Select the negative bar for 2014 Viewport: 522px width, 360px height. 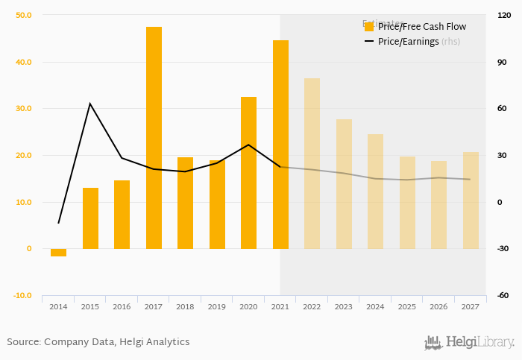(x=58, y=253)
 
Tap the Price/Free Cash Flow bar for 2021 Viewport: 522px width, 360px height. (x=280, y=145)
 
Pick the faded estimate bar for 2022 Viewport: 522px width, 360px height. (x=312, y=164)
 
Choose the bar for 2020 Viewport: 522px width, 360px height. (x=248, y=173)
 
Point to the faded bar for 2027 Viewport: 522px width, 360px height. (x=471, y=200)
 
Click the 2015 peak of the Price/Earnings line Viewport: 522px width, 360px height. (x=90, y=104)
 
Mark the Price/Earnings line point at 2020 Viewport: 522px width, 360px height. (x=248, y=145)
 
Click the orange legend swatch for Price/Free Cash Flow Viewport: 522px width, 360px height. (x=369, y=27)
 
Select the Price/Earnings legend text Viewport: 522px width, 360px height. (x=408, y=42)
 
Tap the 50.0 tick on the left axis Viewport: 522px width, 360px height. (x=23, y=15)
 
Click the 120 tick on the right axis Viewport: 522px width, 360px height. (x=503, y=15)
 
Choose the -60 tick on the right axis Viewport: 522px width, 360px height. (x=503, y=295)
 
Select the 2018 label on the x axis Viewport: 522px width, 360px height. (x=185, y=306)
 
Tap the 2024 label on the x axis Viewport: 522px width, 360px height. (x=375, y=306)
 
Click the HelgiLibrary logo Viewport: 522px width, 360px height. (x=470, y=343)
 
